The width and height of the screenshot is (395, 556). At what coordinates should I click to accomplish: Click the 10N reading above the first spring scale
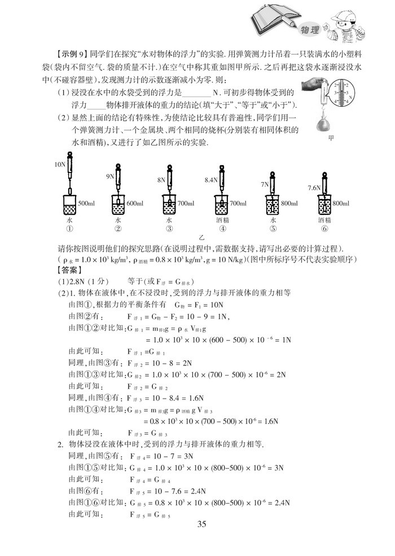click(60, 164)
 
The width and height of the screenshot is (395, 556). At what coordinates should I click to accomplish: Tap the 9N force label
click(111, 176)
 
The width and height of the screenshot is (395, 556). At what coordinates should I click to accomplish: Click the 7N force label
click(265, 184)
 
